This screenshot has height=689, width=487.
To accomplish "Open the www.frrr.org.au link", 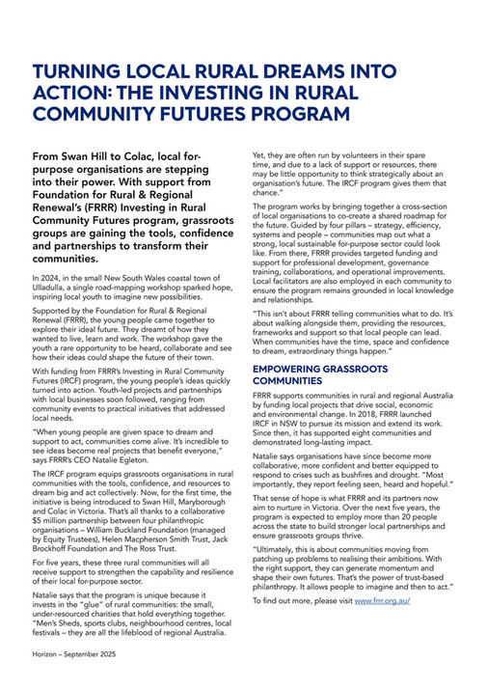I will (x=384, y=600).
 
